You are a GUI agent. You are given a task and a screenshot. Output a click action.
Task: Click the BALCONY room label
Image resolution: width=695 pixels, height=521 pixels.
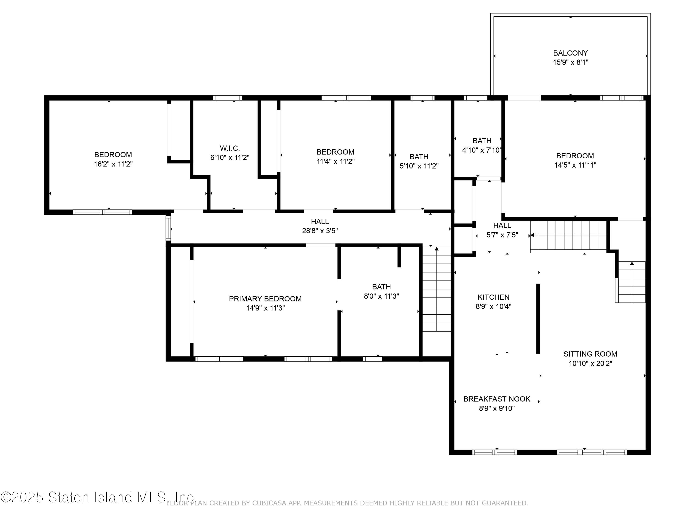click(570, 53)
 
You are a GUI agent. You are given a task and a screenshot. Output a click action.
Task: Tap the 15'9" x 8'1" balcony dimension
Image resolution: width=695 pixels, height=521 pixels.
click(571, 62)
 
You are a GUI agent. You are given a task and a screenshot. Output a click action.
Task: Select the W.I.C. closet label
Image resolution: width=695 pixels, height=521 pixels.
click(230, 148)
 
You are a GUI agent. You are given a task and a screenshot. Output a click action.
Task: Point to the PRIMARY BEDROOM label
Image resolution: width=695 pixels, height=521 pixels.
click(265, 299)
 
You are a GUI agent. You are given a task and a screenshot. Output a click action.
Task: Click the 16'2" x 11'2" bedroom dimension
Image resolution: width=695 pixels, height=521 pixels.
click(113, 164)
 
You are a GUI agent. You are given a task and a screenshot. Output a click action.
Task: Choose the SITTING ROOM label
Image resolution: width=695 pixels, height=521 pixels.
click(590, 354)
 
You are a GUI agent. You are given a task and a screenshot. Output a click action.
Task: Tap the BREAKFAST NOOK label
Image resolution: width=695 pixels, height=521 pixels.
click(497, 399)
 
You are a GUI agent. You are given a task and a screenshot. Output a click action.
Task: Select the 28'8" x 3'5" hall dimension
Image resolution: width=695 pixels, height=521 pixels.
click(320, 231)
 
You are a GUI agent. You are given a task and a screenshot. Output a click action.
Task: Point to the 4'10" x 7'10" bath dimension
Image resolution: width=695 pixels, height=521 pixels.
click(482, 150)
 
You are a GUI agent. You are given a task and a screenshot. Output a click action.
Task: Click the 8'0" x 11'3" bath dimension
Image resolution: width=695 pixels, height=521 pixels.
click(381, 296)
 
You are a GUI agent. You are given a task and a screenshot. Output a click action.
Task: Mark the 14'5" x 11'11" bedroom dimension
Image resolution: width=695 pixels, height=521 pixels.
click(575, 165)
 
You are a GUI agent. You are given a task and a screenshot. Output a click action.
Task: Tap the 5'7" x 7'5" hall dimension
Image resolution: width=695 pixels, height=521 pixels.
click(502, 235)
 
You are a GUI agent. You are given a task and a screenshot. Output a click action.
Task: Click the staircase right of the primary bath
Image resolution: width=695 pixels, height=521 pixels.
click(436, 289)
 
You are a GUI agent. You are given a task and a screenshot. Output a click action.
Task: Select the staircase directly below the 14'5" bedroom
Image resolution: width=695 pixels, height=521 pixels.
click(568, 236)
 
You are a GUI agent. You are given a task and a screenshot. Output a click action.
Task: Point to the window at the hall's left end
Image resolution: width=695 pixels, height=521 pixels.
click(168, 228)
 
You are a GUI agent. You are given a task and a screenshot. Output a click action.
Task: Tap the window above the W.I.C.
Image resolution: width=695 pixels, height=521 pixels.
click(227, 98)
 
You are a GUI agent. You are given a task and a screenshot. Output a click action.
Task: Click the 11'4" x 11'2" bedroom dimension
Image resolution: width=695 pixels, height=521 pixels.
click(335, 161)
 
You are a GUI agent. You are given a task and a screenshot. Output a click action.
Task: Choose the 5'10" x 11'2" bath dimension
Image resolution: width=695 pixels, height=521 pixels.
click(419, 166)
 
